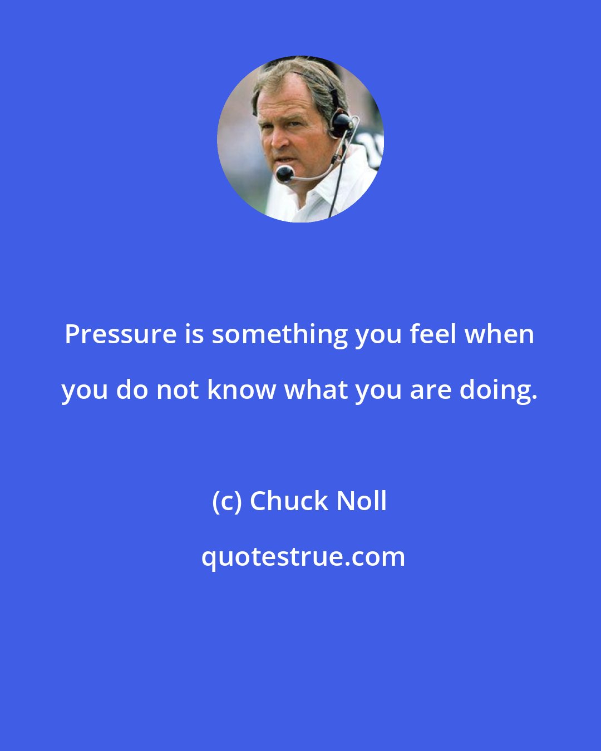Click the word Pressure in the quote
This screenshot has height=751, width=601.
click(x=121, y=334)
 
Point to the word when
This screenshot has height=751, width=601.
click(x=498, y=334)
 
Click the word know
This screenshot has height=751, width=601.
click(x=242, y=390)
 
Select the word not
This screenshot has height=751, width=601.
click(x=178, y=390)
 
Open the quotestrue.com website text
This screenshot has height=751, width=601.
click(x=303, y=557)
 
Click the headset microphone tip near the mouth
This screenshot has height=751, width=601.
click(x=284, y=174)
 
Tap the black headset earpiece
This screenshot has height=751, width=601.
click(x=341, y=123)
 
